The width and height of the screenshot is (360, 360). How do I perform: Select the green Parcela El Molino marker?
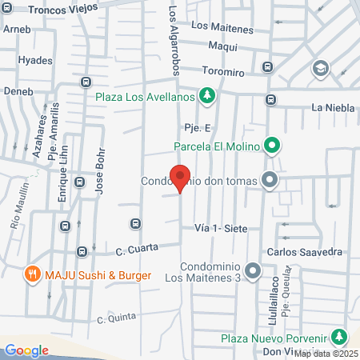coord(272,146)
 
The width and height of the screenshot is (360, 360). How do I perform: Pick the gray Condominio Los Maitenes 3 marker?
coord(254,271)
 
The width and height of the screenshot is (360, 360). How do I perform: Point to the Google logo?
coord(26,350)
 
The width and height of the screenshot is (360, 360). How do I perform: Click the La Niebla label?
coord(328,107)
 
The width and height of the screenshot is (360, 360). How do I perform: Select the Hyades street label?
coord(36,60)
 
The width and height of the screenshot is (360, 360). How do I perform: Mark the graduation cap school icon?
coord(322,68)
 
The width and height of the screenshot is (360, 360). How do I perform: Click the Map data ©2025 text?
coord(326,354)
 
